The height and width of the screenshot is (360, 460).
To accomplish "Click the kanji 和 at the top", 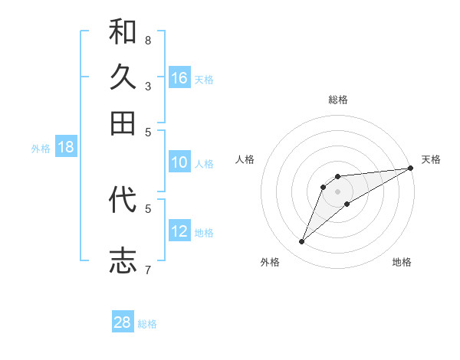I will pyautogui.click(x=123, y=32).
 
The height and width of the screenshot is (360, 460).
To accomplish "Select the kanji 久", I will pyautogui.click(x=123, y=77).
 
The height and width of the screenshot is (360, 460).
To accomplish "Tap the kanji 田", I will pyautogui.click(x=123, y=123).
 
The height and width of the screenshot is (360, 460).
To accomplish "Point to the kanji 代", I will pyautogui.click(x=123, y=200).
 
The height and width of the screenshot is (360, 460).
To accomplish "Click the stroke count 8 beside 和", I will pyautogui.click(x=148, y=40).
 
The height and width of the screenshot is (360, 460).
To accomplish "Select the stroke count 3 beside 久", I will pyautogui.click(x=148, y=86).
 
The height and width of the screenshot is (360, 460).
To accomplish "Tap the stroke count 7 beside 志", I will pyautogui.click(x=148, y=270).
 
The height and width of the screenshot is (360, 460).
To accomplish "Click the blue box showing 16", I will pyautogui.click(x=179, y=78).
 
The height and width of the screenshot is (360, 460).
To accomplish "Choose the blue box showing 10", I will pyautogui.click(x=179, y=162).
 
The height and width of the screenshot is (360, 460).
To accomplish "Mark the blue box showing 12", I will pyautogui.click(x=179, y=231).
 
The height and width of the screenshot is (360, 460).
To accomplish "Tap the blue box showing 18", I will pyautogui.click(x=66, y=148).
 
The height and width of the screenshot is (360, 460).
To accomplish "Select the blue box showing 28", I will pyautogui.click(x=123, y=322).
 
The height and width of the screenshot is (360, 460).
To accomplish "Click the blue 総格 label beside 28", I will pyautogui.click(x=147, y=324).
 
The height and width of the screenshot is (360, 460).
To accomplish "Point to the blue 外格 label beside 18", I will pyautogui.click(x=41, y=149).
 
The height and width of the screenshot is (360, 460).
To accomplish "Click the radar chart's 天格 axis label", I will pyautogui.click(x=431, y=159).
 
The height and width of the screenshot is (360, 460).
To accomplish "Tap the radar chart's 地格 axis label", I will pyautogui.click(x=402, y=263).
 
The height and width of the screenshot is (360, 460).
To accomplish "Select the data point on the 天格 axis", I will pyautogui.click(x=410, y=168).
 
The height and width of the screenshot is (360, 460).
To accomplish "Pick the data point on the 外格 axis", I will pyautogui.click(x=302, y=242).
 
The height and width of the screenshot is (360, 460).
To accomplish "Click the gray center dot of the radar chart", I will pyautogui.click(x=337, y=191).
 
